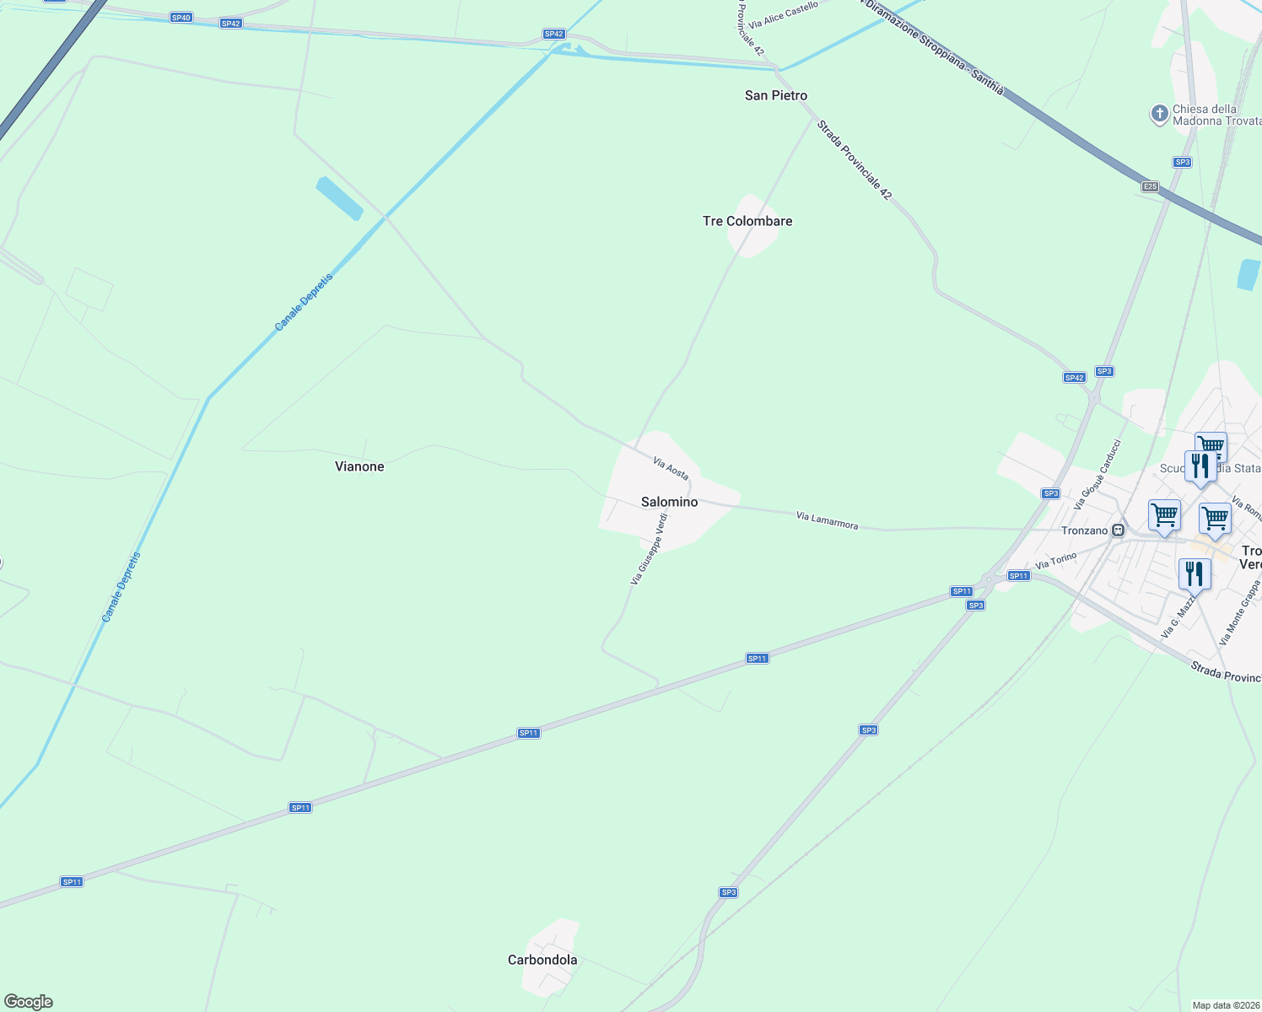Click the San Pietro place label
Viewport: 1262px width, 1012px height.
pyautogui.click(x=775, y=96)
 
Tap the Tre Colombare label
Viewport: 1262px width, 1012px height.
pyautogui.click(x=747, y=221)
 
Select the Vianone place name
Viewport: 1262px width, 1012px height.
pyautogui.click(x=359, y=466)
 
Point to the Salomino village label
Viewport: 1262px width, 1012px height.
pyautogui.click(x=669, y=502)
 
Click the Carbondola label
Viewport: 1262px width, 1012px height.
pyautogui.click(x=542, y=960)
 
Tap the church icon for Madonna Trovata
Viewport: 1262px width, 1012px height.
pyautogui.click(x=1160, y=114)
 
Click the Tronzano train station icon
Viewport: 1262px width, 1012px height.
pyautogui.click(x=1119, y=530)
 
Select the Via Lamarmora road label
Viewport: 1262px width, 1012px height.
pyautogui.click(x=827, y=520)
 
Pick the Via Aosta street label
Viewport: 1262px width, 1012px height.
pyautogui.click(x=671, y=469)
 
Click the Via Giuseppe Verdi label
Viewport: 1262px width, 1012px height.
pyautogui.click(x=649, y=549)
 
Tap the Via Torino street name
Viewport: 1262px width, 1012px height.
pyautogui.click(x=1056, y=560)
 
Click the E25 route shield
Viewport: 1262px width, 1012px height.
pyautogui.click(x=1149, y=186)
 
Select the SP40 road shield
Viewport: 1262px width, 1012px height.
pyautogui.click(x=181, y=18)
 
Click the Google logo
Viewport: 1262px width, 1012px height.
pyautogui.click(x=28, y=1002)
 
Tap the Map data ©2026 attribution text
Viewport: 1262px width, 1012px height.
pyautogui.click(x=1226, y=1005)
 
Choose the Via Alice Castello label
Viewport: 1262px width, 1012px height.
pyautogui.click(x=783, y=16)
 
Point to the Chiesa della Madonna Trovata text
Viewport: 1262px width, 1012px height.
pyautogui.click(x=1216, y=115)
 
